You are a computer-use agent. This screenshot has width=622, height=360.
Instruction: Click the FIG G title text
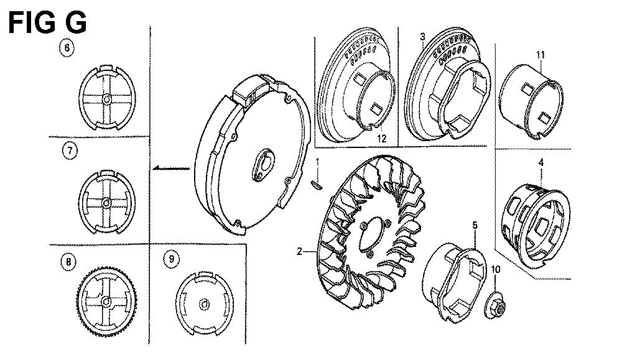[x=47, y=22]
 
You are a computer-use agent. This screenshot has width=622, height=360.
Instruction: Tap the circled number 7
[x=70, y=152]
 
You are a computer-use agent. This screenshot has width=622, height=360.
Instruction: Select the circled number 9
[x=172, y=259]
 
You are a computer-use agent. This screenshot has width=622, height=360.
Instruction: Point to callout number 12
[x=381, y=139]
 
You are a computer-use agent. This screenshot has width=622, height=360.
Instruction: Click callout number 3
[x=422, y=37]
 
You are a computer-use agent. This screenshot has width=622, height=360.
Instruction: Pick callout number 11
[x=541, y=55]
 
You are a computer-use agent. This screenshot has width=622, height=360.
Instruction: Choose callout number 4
[x=541, y=162]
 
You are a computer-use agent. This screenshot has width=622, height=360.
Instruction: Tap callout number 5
[x=475, y=226]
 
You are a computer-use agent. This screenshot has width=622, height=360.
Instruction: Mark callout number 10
[x=496, y=269]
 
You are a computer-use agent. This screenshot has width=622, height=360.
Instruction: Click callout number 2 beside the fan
[x=300, y=251]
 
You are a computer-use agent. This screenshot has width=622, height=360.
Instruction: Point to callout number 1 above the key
[x=317, y=162]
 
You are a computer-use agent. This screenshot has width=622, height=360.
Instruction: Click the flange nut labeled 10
[x=496, y=306]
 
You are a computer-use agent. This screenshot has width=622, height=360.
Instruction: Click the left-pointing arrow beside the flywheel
[x=172, y=168]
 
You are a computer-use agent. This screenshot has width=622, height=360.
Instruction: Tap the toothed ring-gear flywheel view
[x=106, y=302]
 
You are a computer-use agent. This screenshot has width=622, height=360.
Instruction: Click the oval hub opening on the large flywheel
[x=262, y=165]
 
